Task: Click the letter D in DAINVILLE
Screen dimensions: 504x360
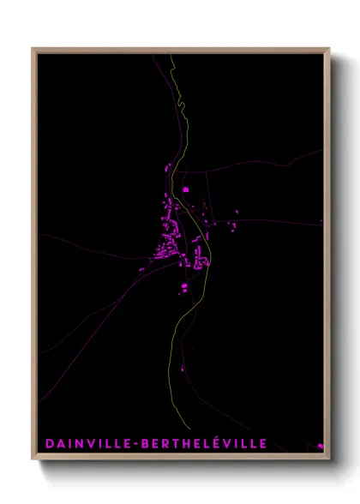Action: tap(48, 443)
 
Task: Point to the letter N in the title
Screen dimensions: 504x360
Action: tap(77, 443)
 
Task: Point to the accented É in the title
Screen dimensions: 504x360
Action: tap(224, 442)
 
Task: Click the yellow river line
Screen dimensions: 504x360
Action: tap(175, 343)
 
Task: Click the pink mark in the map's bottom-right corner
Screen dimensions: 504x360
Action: tap(319, 446)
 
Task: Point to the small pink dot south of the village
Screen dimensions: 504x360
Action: tap(182, 369)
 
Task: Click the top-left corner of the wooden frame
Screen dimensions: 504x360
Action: tap(33, 49)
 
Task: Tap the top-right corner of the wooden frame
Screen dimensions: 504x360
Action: tap(329, 49)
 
